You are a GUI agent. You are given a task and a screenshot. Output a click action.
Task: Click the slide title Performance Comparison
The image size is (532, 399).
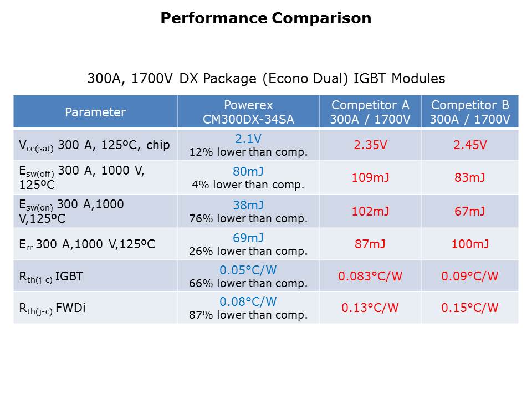266,18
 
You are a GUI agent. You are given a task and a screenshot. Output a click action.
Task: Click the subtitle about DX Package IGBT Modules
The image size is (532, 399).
266,79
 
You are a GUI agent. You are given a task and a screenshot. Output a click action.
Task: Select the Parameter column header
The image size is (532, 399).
95,112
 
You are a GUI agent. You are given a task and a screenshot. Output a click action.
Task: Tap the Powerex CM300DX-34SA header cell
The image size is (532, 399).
248,112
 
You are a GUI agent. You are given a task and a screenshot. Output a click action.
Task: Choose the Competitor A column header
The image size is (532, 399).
370,112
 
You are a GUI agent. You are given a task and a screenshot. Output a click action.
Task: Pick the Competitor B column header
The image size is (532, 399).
469,112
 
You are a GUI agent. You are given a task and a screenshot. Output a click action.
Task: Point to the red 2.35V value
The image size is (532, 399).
370,145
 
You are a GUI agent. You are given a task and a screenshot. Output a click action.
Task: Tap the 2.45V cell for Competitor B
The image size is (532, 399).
469,145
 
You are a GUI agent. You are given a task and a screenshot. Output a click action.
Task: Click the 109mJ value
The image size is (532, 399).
370,178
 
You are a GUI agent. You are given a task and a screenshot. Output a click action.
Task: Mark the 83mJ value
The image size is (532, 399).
469,178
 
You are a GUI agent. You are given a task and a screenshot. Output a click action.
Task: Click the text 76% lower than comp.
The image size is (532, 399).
248,218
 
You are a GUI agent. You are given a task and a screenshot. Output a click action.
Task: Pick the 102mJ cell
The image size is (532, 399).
370,211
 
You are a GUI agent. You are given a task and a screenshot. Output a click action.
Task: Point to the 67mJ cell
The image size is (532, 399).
469,211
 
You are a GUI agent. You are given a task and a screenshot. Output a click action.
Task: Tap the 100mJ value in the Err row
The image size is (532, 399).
469,244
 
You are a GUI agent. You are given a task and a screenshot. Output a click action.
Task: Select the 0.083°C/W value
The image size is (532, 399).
370,276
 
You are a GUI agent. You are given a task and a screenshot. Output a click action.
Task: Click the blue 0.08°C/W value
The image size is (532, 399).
248,303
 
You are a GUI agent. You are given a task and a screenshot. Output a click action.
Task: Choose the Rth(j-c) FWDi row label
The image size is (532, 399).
50,308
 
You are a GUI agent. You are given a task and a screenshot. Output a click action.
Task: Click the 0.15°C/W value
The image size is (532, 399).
469,308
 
